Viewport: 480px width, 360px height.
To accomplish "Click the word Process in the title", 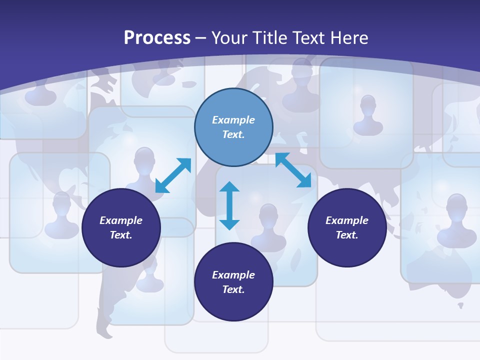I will click(x=157, y=38).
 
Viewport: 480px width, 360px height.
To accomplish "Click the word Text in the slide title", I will click(x=309, y=38).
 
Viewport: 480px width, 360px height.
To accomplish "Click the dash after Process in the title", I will click(x=201, y=38).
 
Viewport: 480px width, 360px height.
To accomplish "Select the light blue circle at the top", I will click(x=233, y=127).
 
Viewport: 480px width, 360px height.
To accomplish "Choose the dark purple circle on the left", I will click(x=121, y=227).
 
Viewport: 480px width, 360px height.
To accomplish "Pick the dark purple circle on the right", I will click(x=346, y=227).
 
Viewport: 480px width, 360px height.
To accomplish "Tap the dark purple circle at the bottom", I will click(x=233, y=282).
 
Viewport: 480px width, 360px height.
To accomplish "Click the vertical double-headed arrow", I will click(x=229, y=205).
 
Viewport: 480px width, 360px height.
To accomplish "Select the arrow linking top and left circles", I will click(x=173, y=175).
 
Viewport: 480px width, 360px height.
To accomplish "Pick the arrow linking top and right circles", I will click(x=293, y=170).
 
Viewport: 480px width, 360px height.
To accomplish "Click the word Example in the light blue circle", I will click(x=233, y=120).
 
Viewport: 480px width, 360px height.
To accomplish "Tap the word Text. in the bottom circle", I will click(x=233, y=289).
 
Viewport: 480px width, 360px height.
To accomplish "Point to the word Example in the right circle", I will click(x=346, y=220).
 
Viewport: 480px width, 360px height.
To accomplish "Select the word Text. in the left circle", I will click(x=121, y=235).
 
